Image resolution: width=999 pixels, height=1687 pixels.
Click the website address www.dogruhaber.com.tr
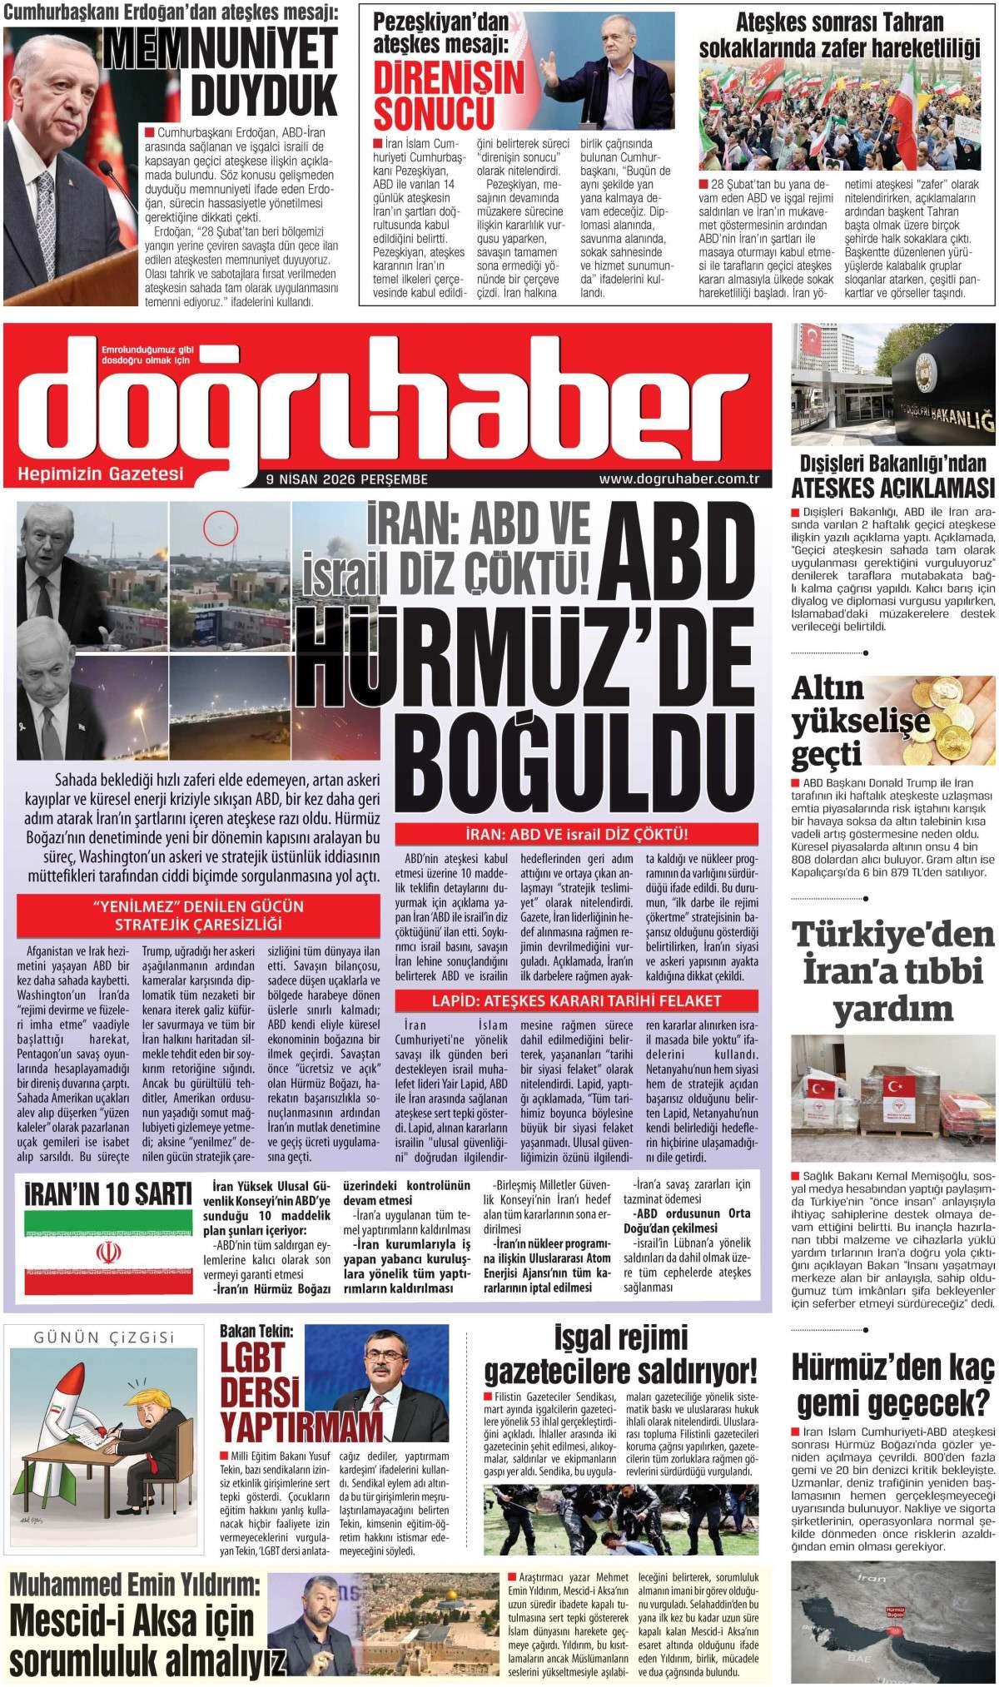click(x=681, y=479)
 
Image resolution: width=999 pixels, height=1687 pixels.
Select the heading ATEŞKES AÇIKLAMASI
click(x=893, y=487)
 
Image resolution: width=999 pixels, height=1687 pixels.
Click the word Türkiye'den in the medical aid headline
click(x=892, y=937)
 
